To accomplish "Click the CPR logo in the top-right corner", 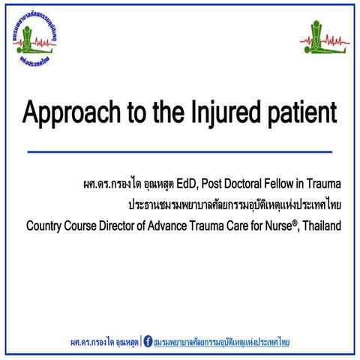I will coord(325,37).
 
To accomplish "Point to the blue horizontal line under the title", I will coord(179,151).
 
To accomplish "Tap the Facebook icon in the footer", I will coord(147,342).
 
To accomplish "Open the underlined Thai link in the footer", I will coord(221,343).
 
